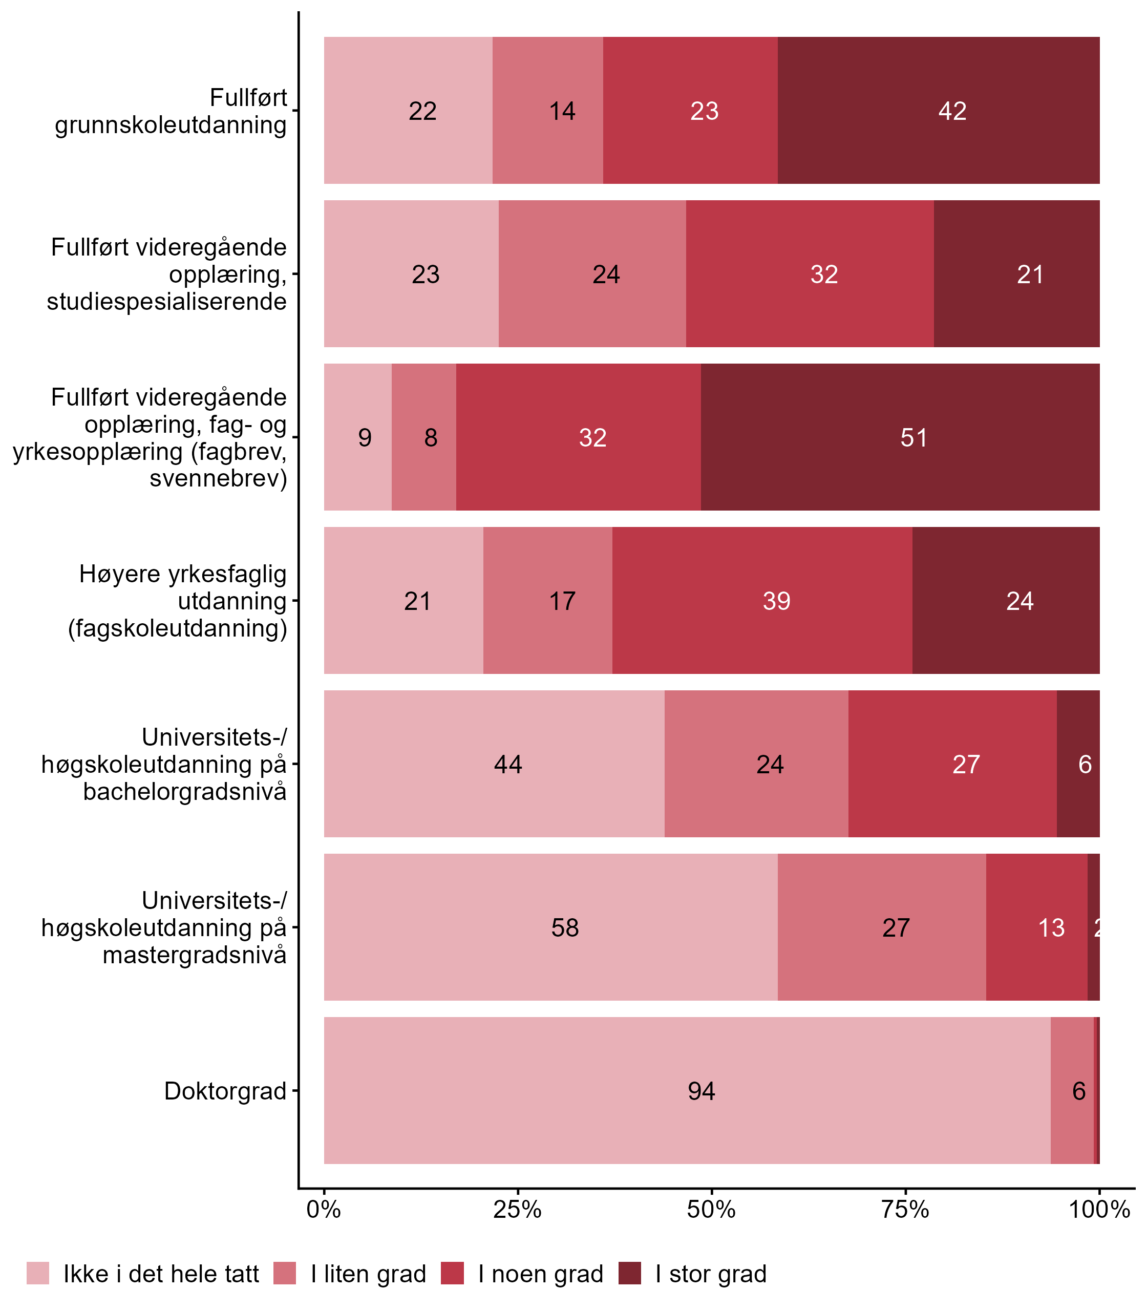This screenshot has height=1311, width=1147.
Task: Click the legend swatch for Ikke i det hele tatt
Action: [38, 1273]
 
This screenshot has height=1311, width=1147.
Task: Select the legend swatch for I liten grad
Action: [285, 1273]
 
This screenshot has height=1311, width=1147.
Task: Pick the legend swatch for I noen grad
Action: [453, 1273]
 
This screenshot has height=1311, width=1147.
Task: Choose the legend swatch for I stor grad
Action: [630, 1273]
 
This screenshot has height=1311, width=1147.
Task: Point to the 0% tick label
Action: [324, 1209]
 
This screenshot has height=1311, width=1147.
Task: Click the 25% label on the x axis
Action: [517, 1209]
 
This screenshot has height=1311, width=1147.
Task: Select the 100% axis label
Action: [1099, 1209]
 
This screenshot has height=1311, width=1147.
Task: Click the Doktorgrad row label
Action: [225, 1091]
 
